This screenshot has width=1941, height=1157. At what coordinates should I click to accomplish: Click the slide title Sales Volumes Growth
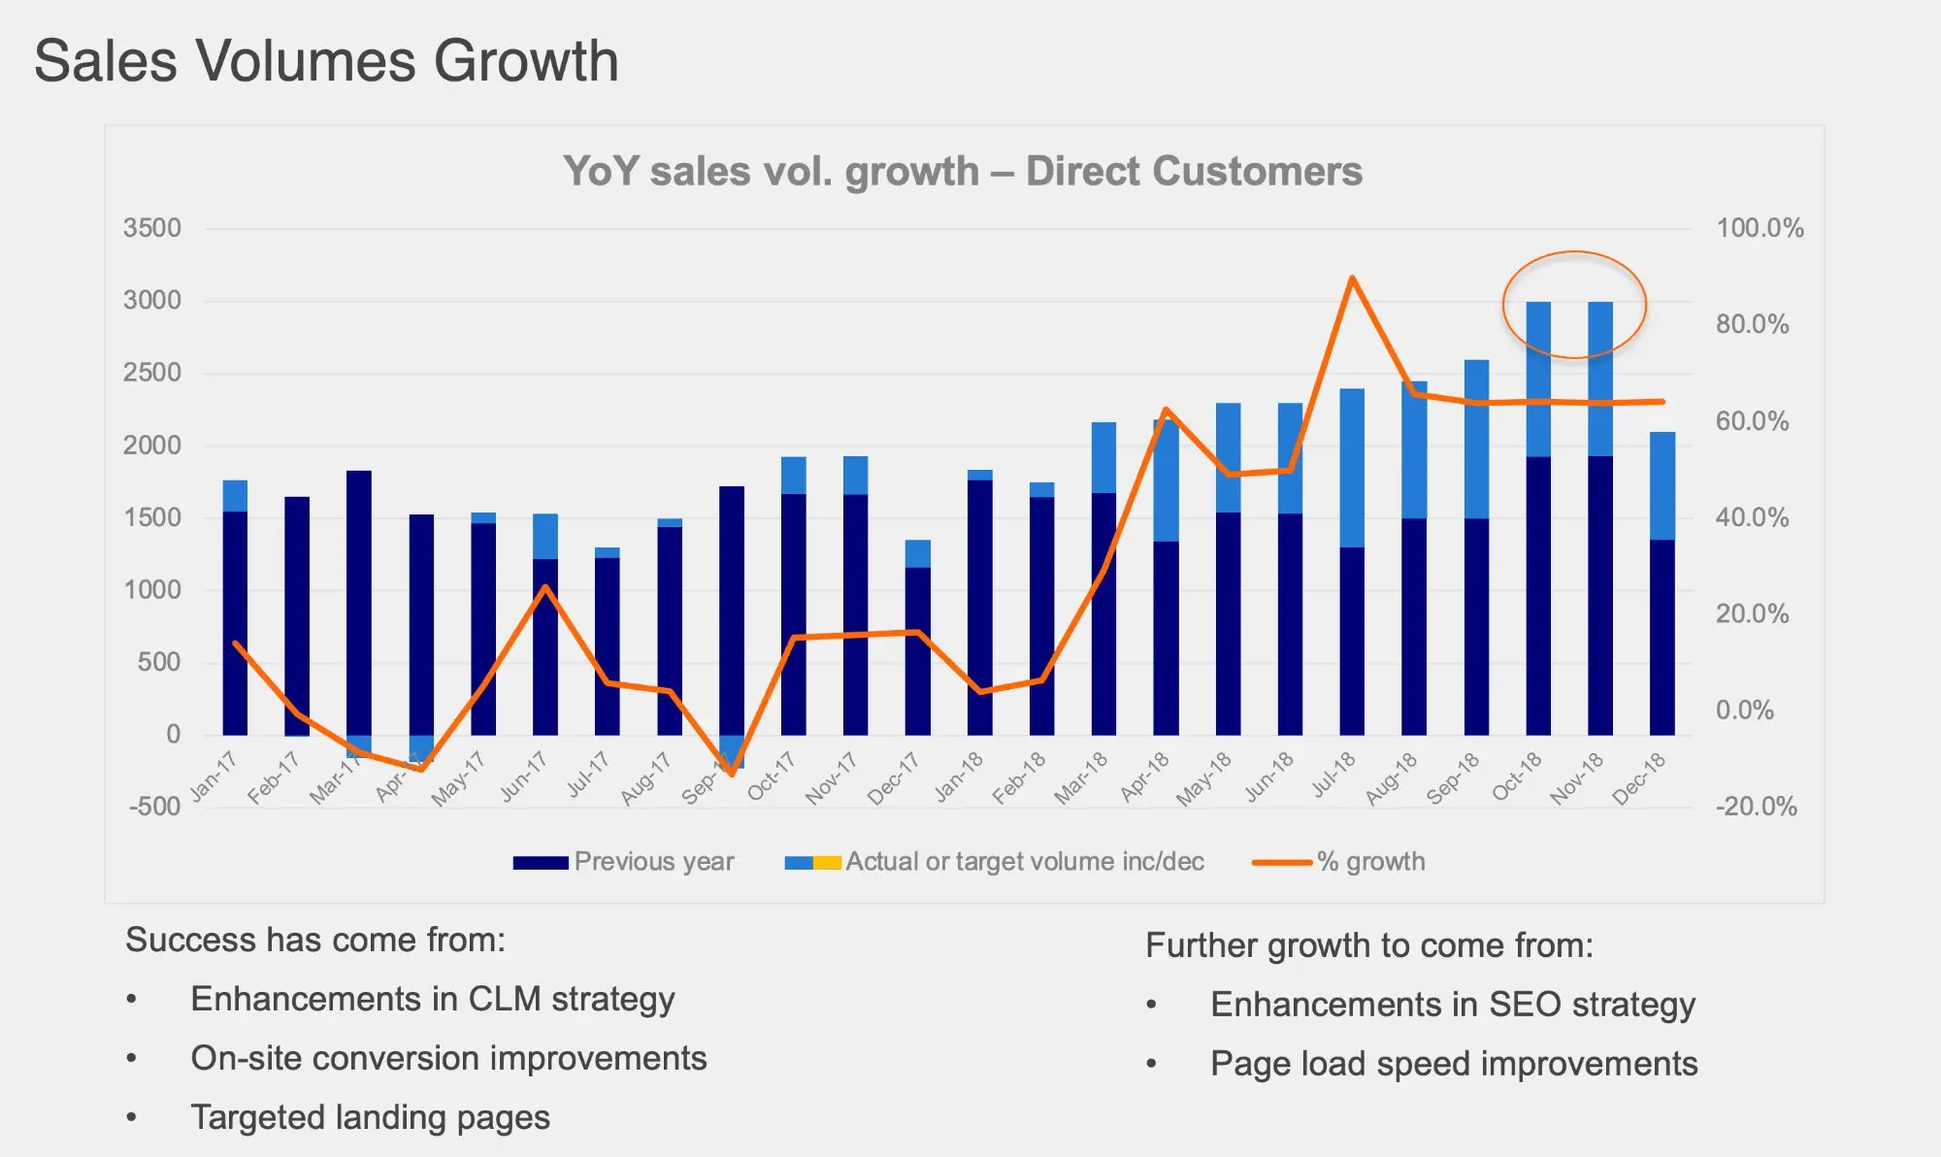[326, 61]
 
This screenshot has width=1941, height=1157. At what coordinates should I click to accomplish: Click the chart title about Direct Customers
[963, 172]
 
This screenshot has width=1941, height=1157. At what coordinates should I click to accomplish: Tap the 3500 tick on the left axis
[152, 228]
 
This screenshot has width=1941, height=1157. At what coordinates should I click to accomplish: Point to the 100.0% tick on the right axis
[1760, 228]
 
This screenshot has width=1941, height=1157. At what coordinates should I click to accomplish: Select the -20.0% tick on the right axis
[1756, 807]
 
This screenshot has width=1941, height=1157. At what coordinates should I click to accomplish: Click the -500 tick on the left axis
[155, 807]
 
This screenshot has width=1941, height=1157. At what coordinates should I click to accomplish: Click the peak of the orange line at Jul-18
[1352, 279]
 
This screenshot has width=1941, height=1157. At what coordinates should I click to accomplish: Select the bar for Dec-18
[1662, 582]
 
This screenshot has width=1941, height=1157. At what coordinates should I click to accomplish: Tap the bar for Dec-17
[917, 641]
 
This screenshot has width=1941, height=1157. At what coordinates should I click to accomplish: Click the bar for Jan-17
[235, 612]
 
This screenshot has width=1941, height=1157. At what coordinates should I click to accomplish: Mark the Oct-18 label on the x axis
[1518, 777]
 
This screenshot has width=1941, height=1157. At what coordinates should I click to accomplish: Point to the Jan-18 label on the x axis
[959, 777]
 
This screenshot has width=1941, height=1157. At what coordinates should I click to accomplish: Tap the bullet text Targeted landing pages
[370, 1117]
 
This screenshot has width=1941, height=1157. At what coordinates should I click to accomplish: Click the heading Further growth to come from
[1368, 945]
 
